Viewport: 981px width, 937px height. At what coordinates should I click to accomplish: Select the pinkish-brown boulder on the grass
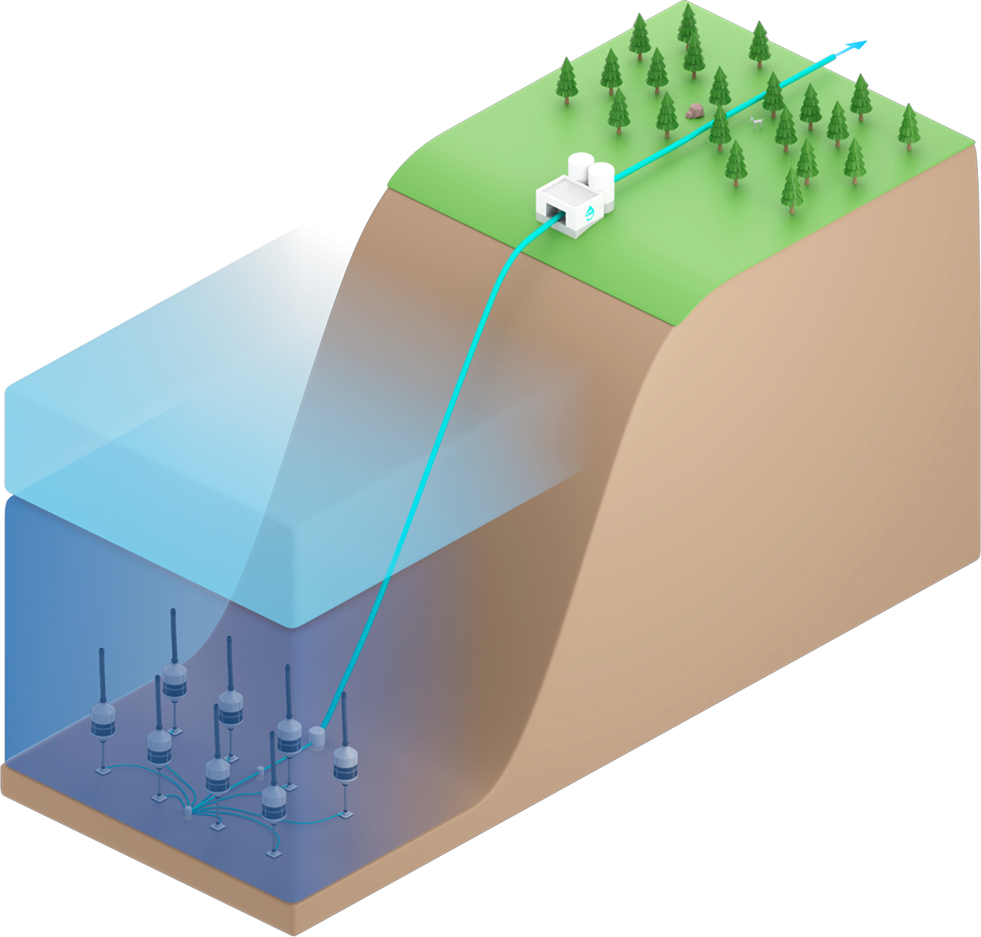(x=695, y=111)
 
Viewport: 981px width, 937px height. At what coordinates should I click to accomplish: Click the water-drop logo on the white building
(x=590, y=211)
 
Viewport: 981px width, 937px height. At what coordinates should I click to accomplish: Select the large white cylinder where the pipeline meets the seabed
(x=317, y=739)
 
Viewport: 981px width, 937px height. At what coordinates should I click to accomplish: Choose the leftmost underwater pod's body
(x=103, y=718)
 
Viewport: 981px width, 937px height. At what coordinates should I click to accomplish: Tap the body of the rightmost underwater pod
(x=346, y=761)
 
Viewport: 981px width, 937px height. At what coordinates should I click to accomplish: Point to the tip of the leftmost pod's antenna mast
(x=103, y=652)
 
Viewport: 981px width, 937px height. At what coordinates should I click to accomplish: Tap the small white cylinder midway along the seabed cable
(x=260, y=770)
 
